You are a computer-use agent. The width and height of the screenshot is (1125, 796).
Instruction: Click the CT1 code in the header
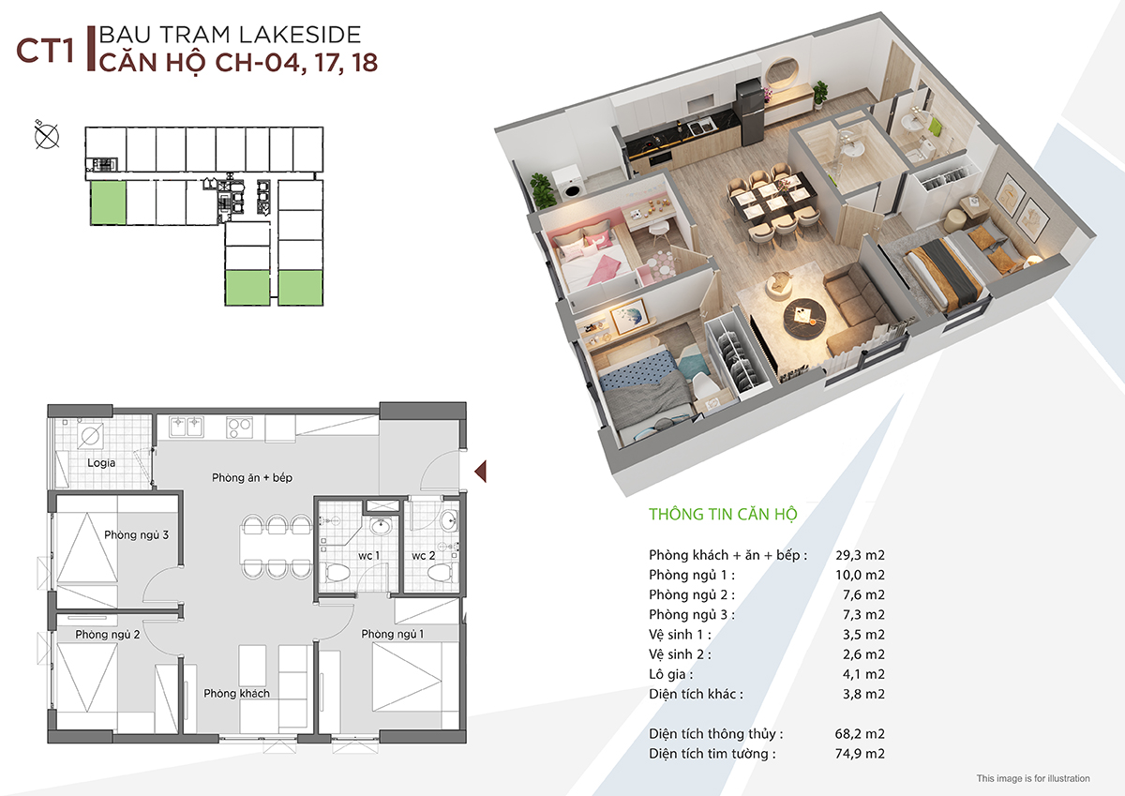(x=45, y=51)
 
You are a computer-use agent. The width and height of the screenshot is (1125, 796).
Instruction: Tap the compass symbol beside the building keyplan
(x=46, y=136)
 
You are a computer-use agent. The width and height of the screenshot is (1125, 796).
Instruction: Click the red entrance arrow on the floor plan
(x=480, y=472)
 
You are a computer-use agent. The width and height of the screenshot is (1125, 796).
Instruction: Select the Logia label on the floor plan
(x=101, y=462)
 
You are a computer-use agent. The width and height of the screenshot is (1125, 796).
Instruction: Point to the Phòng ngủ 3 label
(x=136, y=534)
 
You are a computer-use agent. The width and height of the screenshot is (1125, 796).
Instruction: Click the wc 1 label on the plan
(x=368, y=555)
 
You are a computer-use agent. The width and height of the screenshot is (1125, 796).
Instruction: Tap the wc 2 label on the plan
(x=424, y=555)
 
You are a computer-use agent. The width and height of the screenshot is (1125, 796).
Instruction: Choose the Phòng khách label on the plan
(x=236, y=693)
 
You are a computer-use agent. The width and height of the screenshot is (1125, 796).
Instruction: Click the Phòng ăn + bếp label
(x=252, y=477)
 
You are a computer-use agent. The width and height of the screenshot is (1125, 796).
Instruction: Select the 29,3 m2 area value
(x=860, y=555)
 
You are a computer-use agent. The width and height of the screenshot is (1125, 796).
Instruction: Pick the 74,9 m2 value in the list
(x=860, y=753)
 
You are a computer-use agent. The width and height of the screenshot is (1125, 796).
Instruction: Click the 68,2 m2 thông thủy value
(x=860, y=733)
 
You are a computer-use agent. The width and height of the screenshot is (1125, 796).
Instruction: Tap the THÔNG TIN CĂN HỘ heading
(x=723, y=514)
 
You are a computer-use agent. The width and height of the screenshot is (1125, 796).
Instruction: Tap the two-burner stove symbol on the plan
(x=239, y=428)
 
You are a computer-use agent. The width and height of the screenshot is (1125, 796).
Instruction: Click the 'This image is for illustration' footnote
(x=1033, y=778)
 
